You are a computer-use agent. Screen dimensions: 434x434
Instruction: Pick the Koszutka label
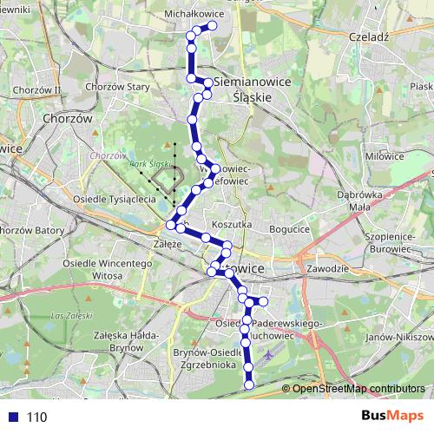tap(230, 223)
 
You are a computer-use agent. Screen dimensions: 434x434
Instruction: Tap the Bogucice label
tap(289, 229)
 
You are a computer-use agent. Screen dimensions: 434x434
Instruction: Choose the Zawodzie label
tap(326, 269)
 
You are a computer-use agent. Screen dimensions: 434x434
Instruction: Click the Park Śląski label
tap(147, 164)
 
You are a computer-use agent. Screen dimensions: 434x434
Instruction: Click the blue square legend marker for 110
tap(13, 418)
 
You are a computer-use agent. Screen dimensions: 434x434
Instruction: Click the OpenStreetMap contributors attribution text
tap(358, 389)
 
